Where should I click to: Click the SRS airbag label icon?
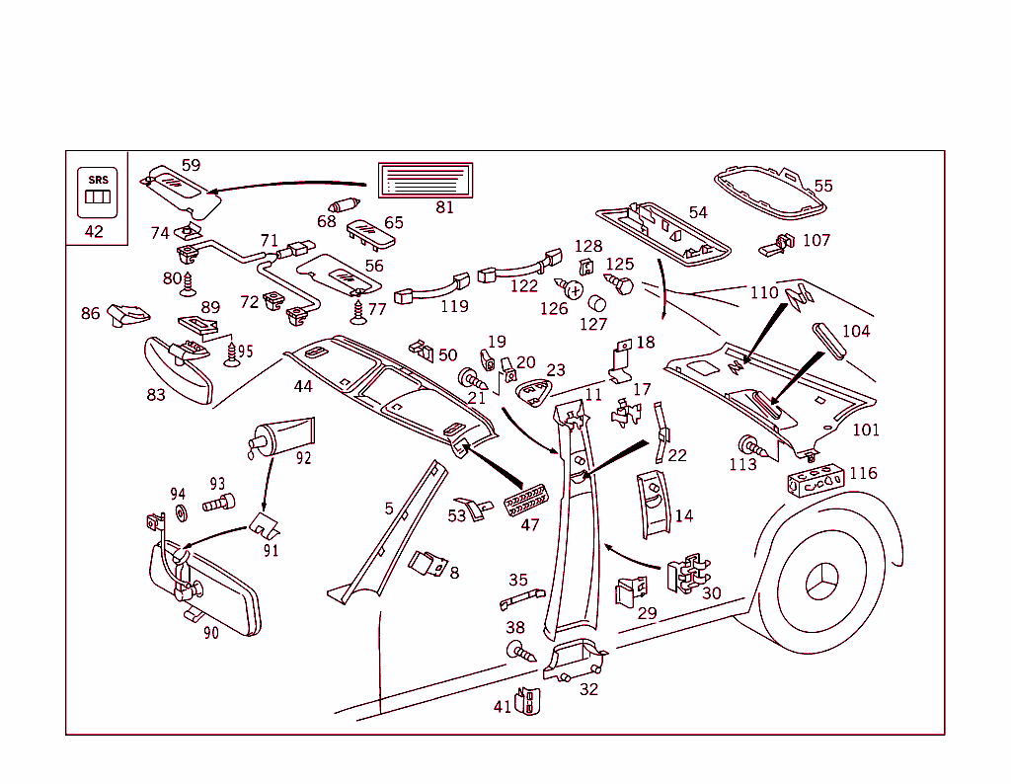99,193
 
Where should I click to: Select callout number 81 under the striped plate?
444,207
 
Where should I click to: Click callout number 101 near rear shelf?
866,430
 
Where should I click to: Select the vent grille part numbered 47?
526,501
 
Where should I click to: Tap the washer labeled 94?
181,512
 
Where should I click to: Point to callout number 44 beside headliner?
303,386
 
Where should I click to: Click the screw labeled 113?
749,445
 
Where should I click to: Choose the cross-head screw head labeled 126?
574,289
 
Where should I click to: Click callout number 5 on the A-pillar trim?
389,509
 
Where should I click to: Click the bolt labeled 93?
218,504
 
